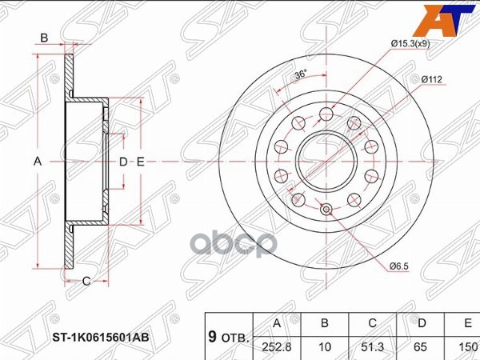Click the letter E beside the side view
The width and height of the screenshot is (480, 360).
[140, 162]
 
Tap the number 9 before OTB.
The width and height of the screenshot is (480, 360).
[210, 337]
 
